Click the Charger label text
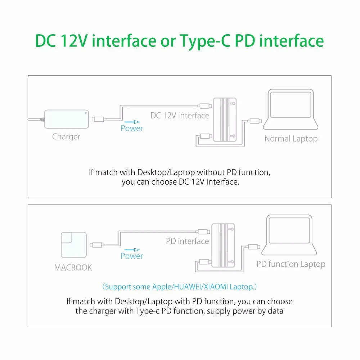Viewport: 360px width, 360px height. point(66,136)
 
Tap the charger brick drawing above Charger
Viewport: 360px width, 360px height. point(67,119)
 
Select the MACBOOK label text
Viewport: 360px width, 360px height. point(73,267)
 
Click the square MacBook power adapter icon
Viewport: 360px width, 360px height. point(74,245)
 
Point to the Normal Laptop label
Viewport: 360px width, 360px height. point(291,139)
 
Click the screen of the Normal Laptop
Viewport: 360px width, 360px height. point(291,105)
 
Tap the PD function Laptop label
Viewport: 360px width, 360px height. point(291,264)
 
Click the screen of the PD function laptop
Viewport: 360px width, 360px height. point(289,230)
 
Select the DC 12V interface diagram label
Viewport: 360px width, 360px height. point(180,116)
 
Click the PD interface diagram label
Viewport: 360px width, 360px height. point(187,241)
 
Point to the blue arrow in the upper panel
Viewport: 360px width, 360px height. point(132,122)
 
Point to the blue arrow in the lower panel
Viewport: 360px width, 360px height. point(132,250)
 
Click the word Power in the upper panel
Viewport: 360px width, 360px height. point(132,128)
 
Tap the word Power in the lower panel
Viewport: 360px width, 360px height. point(132,256)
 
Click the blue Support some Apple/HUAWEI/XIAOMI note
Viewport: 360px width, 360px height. point(180,287)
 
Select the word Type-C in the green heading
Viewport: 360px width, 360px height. point(204,41)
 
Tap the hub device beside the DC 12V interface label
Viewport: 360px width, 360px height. point(225,120)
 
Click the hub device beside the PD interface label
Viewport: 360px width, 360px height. point(223,245)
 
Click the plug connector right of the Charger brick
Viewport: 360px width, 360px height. point(98,119)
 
